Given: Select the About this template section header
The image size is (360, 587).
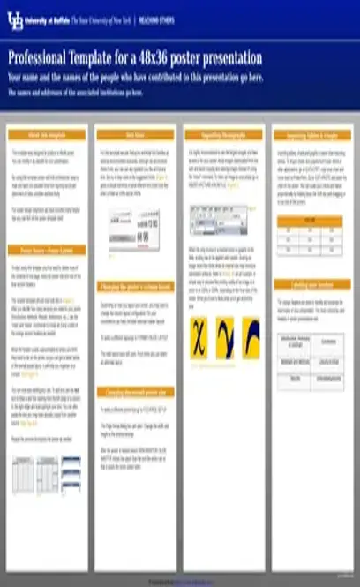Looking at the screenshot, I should [48, 134].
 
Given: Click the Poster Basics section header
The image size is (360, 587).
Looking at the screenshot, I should [48, 226].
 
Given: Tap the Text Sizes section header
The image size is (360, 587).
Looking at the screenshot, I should [135, 134].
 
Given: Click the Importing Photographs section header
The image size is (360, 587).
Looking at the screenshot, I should [224, 134].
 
